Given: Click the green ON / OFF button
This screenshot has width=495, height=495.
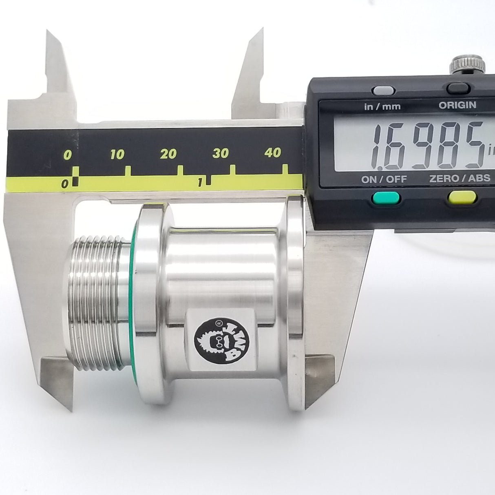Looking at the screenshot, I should coord(386,199).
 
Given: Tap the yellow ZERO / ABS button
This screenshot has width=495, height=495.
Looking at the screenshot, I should coord(462,198).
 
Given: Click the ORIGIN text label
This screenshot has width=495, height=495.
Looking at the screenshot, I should coord(457,105).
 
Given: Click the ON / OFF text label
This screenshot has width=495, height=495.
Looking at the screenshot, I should coord(384,179).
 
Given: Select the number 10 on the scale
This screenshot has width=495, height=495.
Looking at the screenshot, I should coord(117,155).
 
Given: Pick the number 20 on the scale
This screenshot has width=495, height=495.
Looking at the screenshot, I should coord(168,154).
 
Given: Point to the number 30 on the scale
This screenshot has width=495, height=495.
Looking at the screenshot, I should coord(220,153).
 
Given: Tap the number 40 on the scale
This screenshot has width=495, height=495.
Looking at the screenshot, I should coord(272,152).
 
